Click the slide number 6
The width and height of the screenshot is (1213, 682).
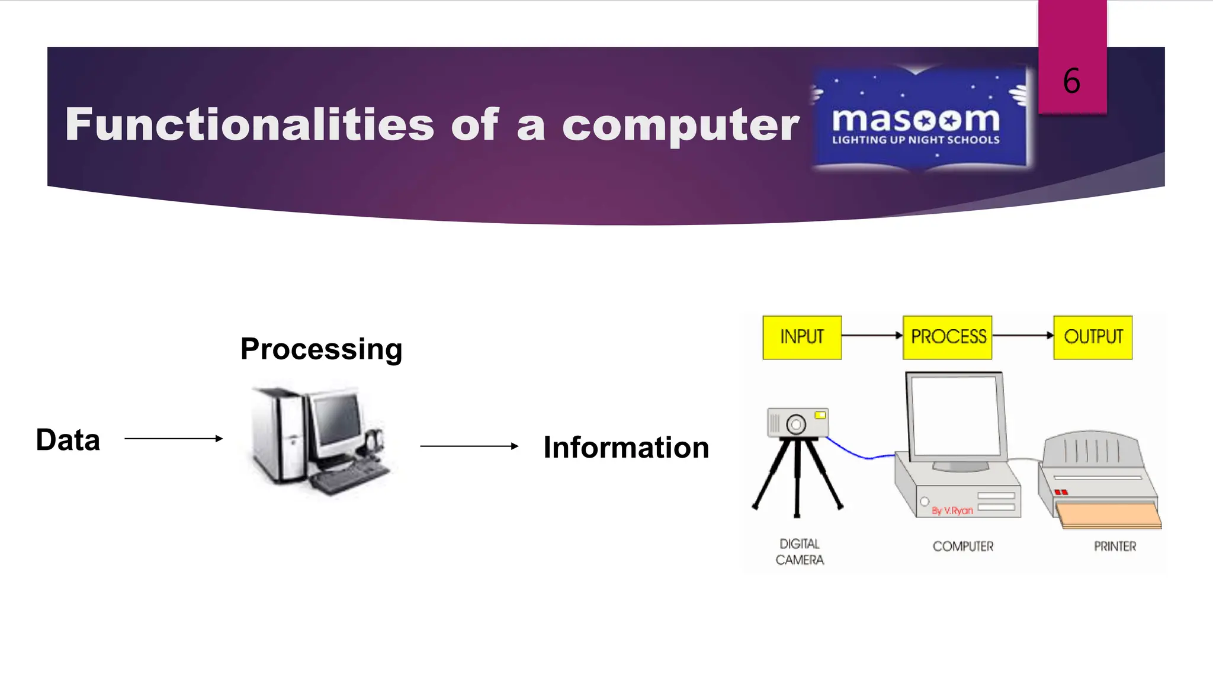coord(1071,81)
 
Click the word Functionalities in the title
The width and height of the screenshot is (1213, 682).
coord(249,125)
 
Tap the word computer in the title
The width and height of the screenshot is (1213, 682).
coord(681,125)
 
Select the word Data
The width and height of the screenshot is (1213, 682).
coord(68,440)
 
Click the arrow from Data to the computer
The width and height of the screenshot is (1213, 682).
coord(173,439)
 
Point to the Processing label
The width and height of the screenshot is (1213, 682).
coord(321,349)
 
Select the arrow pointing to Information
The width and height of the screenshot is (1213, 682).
coord(468,446)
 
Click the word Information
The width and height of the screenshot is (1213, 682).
coord(626,448)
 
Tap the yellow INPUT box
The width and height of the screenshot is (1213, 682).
coord(801,337)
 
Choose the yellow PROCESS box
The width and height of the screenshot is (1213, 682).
coord(947,337)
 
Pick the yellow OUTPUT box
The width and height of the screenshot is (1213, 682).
coord(1093,337)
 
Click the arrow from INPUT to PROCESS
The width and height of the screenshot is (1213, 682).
coord(871,336)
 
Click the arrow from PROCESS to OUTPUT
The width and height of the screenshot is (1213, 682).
coord(1022,336)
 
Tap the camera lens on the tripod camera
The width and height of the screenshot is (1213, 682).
coord(796,424)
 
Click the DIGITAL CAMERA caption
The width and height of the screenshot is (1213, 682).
coord(800,552)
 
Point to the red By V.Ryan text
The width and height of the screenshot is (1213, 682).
coord(952,510)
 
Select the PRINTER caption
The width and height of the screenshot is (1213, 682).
coord(1115,546)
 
